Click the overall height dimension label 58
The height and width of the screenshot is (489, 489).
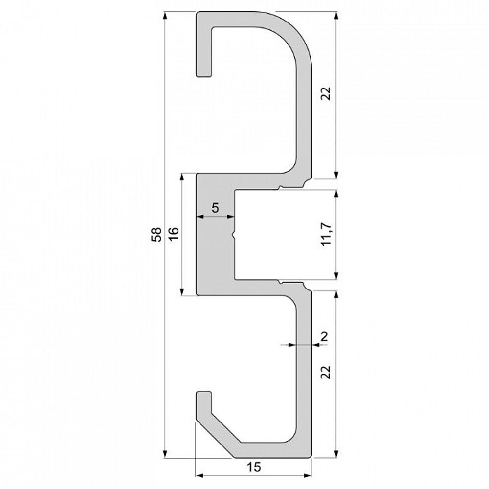point(156,235)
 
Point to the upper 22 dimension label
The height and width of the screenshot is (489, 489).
point(327,93)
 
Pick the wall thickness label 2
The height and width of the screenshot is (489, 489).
point(323,336)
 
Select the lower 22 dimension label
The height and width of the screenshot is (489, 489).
point(327,372)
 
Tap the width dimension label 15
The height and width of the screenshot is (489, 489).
point(254,467)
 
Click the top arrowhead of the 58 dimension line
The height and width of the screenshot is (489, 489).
point(165,15)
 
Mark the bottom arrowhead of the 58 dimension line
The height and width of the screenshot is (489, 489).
point(165,454)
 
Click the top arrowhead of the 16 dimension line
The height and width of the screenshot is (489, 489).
point(182,176)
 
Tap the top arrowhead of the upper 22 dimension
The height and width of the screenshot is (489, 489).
point(336,15)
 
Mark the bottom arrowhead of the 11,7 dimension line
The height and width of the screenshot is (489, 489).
point(336,277)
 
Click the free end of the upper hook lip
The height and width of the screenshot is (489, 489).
point(204,73)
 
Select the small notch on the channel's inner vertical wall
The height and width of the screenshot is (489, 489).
point(234,235)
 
